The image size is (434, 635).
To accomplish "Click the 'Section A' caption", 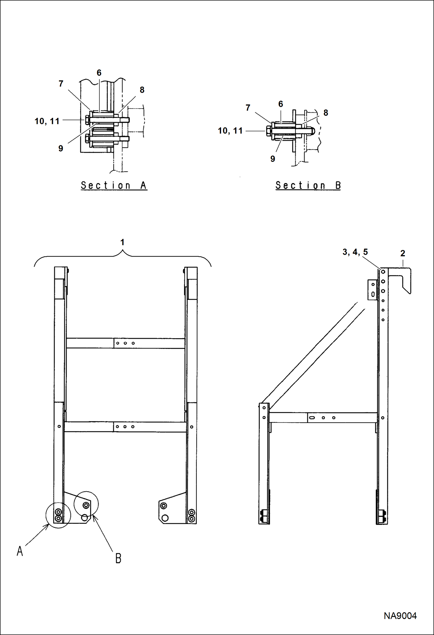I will tap(114, 185).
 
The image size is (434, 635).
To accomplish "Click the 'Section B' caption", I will tap(308, 185).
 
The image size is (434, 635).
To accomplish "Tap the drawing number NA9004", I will tap(400, 616).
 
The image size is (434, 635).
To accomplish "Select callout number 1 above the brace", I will tap(122, 242).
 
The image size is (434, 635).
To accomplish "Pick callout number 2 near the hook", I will tap(402, 253).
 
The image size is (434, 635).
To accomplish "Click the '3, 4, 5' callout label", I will tap(355, 252).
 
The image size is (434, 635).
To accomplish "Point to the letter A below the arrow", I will tap(20, 551).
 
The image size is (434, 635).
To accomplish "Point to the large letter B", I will tap(118, 558).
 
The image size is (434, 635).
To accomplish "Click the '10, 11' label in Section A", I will tap(47, 121).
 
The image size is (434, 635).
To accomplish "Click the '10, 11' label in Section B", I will tap(230, 131).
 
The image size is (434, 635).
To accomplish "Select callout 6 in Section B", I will tap(280, 104).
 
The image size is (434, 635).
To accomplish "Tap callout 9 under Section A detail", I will tap(61, 149).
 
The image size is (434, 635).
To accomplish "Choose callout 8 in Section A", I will tap(142, 90).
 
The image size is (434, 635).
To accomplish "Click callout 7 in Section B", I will tap(248, 108).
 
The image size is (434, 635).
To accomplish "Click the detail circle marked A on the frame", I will tap(58, 515).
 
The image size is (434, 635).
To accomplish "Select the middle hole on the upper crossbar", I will tap(125, 343).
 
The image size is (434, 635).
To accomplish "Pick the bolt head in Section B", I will tap(269, 131).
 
